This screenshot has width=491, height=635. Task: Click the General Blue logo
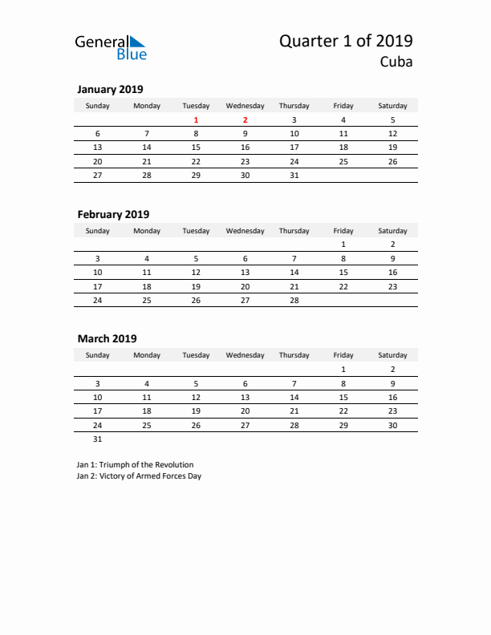111,47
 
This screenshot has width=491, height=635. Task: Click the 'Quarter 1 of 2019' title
347,41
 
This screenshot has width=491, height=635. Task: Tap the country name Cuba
396,63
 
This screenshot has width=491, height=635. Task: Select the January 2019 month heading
110,90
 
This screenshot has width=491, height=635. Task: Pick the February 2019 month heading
113,214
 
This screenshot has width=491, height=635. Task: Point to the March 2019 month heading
107,338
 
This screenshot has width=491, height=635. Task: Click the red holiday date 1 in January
196,120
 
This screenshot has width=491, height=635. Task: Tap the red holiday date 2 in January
245,120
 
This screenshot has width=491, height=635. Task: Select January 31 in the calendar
294,175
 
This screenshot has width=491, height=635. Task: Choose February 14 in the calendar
294,272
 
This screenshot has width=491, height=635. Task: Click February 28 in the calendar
294,299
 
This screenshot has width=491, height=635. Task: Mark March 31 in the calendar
98,439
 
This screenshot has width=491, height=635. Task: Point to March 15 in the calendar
343,397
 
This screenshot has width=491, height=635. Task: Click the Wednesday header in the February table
245,231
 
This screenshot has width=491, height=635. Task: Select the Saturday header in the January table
392,106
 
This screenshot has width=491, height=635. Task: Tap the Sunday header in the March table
98,355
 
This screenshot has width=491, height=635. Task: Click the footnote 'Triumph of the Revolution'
135,464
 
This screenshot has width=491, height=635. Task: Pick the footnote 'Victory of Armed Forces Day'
139,476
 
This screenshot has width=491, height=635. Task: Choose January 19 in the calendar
392,148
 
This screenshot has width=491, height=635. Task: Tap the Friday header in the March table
343,355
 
